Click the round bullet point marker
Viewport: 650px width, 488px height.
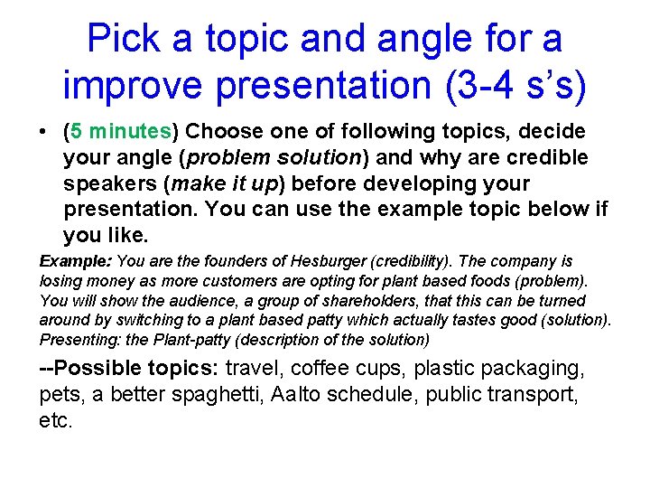(43, 132)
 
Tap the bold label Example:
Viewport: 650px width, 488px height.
(75, 261)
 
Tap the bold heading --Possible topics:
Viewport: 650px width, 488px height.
(129, 368)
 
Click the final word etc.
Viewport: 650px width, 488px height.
(55, 420)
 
